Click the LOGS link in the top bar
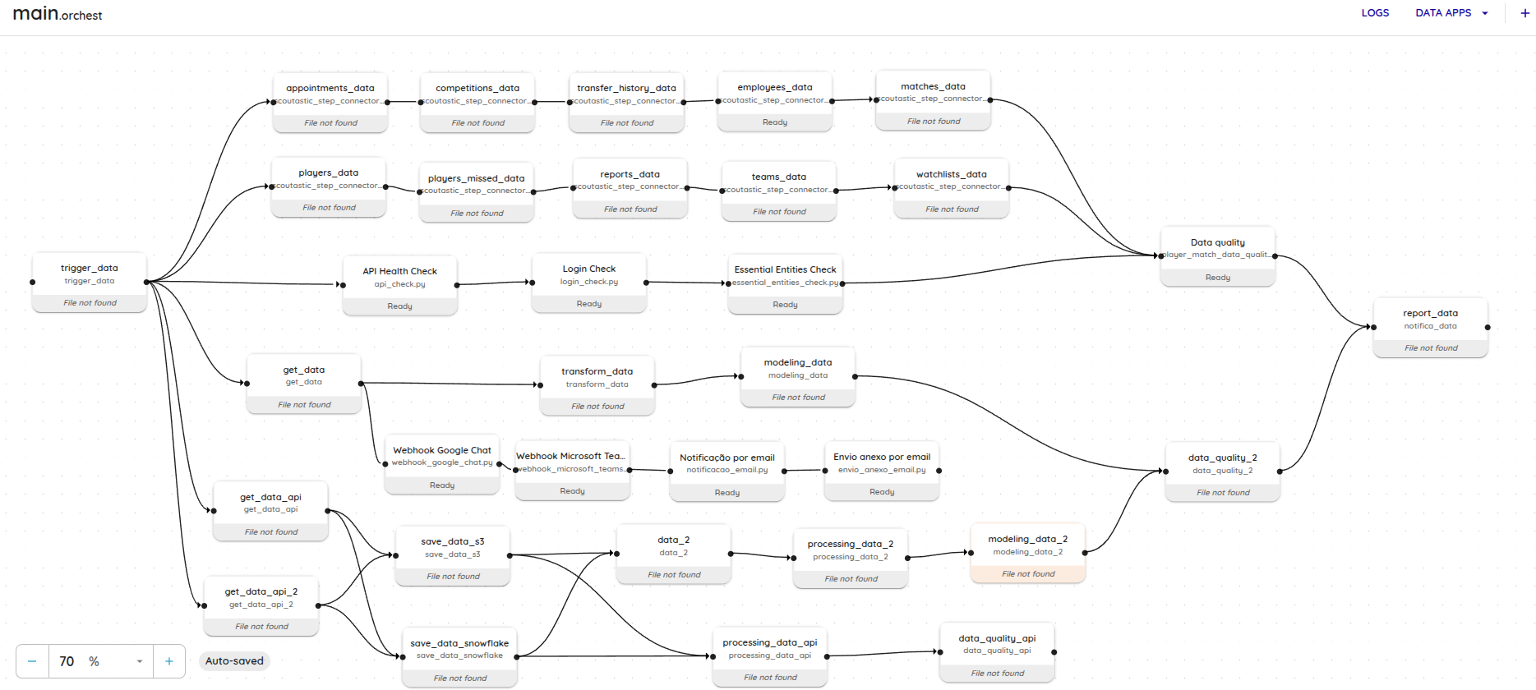pyautogui.click(x=1375, y=13)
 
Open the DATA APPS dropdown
pyautogui.click(x=1451, y=13)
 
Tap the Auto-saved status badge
pyautogui.click(x=234, y=661)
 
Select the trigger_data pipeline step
pyautogui.click(x=90, y=283)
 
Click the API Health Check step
pyautogui.click(x=400, y=285)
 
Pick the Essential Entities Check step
pyautogui.click(x=786, y=284)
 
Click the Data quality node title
pyautogui.click(x=1218, y=242)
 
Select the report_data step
pyautogui.click(x=1431, y=328)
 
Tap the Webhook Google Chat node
pyautogui.click(x=442, y=464)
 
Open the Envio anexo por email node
pyautogui.click(x=882, y=471)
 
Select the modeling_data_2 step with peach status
pyautogui.click(x=1028, y=554)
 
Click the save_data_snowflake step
pyautogui.click(x=460, y=658)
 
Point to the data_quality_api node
pyautogui.click(x=998, y=653)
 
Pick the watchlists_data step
pyautogui.click(x=952, y=189)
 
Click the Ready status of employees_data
pyautogui.click(x=775, y=122)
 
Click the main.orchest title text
pyautogui.click(x=58, y=14)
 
